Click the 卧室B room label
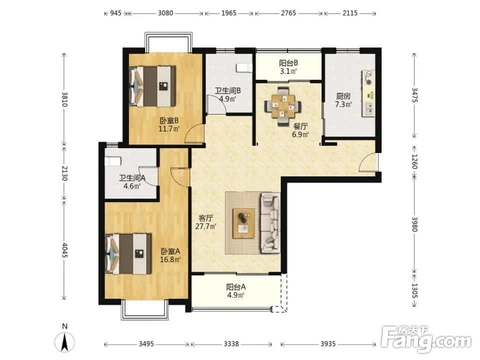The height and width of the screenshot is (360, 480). (169, 124)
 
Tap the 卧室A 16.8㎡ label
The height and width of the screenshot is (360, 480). (170, 255)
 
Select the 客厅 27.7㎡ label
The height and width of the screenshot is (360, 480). (205, 222)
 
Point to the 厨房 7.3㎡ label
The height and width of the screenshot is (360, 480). (343, 100)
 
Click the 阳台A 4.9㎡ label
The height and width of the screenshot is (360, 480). (235, 291)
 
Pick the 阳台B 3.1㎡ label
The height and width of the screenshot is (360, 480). (288, 67)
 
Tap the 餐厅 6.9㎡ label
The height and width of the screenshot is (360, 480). (300, 130)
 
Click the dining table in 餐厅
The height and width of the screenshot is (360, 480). (283, 106)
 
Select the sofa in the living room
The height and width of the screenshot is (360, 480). (270, 223)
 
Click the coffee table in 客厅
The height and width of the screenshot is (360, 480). (243, 223)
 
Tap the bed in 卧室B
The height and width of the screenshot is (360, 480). (152, 86)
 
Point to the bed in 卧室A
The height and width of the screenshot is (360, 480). (128, 254)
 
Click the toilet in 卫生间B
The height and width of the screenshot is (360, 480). (244, 67)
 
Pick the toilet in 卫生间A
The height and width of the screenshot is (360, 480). (113, 161)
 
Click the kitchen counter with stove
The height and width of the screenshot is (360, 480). (368, 93)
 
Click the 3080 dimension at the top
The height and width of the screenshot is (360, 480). (165, 13)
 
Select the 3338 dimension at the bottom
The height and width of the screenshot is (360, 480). (231, 344)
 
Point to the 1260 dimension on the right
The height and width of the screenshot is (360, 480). (414, 161)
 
